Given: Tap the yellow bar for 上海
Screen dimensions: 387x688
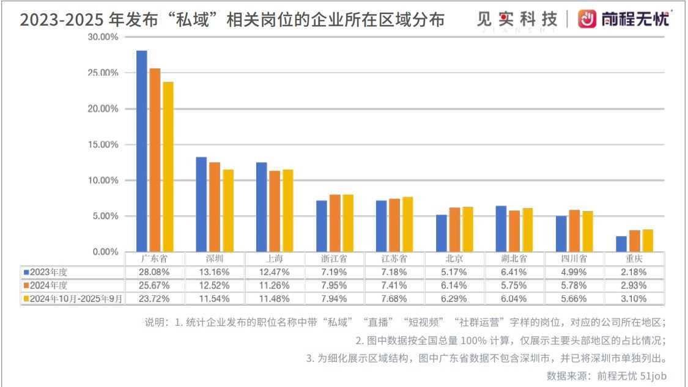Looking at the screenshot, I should point(287,210).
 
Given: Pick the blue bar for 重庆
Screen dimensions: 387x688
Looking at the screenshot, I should point(621,244).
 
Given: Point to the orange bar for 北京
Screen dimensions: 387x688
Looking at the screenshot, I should point(454,230).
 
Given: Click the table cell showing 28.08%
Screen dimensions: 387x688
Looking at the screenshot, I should point(155,271).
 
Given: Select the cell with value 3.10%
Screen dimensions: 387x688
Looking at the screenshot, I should point(634,298).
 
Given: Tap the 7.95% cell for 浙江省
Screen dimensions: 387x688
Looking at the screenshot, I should point(335,285).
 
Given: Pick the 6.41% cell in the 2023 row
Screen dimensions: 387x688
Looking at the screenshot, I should point(514,271).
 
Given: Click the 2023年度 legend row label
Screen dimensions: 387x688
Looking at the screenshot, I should point(48,271).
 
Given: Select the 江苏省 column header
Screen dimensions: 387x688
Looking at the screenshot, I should point(394,258).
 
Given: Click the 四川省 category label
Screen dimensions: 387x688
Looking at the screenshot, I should point(574,258).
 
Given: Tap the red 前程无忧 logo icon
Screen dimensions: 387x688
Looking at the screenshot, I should point(587,19).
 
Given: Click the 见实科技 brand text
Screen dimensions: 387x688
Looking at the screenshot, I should point(517,20).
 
